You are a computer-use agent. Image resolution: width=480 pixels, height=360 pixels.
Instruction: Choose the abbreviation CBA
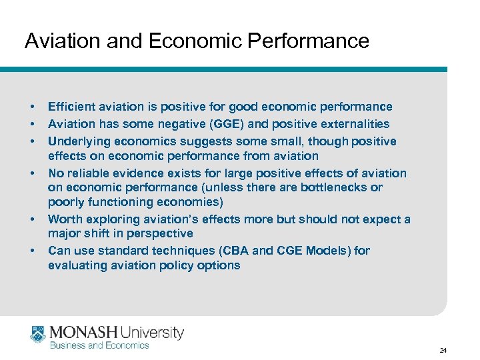click(215, 251)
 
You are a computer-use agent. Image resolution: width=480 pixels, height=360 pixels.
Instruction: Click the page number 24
click(443, 350)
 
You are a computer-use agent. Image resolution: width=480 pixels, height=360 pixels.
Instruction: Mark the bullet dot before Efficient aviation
click(31, 107)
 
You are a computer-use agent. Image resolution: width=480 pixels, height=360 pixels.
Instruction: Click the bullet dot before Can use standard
click(31, 251)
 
